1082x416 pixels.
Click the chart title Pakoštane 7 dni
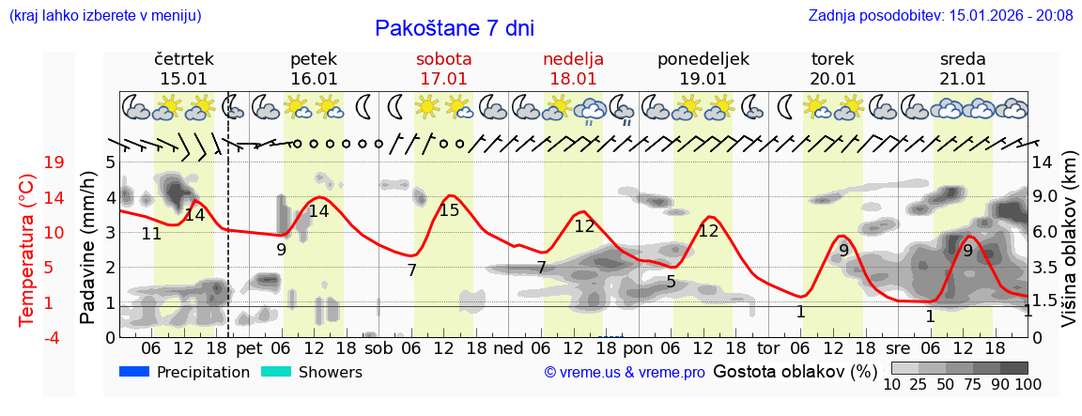point(454,28)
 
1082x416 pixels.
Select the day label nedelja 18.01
point(573,69)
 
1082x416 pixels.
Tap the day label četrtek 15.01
point(184,69)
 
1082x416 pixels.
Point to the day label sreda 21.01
point(963,69)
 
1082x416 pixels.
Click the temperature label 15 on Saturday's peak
point(449,210)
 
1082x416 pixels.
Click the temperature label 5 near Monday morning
point(671,281)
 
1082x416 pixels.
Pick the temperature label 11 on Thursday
point(151,234)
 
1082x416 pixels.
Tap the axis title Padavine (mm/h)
point(87,248)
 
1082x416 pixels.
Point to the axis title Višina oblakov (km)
point(1069,248)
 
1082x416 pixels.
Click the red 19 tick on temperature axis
point(54,162)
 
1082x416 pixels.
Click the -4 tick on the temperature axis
point(53,337)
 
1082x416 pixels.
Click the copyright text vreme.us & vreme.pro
point(624,373)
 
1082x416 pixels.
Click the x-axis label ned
point(509,347)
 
